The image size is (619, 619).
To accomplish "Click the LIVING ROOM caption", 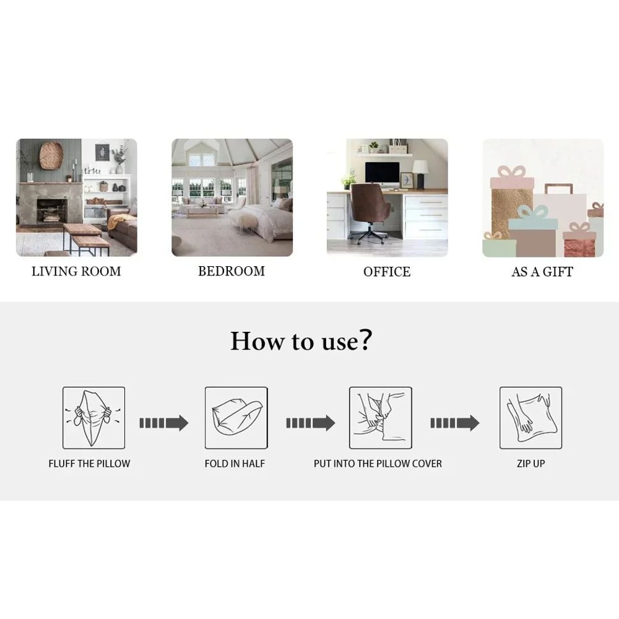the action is tap(76, 271).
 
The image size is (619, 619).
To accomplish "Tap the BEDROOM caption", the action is tap(232, 271).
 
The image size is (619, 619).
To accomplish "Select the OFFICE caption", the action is tap(387, 272).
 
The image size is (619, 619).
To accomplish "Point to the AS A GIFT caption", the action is tap(542, 272).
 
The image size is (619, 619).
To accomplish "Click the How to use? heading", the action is tap(301, 340).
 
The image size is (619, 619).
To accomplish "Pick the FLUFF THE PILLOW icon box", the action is tap(94, 418).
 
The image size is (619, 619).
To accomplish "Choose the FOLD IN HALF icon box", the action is tap(236, 418).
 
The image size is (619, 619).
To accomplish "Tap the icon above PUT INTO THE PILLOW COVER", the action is tap(381, 418).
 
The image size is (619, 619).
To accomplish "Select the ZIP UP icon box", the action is tap(530, 418).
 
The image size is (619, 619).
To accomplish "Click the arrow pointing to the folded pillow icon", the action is tap(164, 423).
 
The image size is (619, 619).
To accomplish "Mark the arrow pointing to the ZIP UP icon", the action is tap(455, 423).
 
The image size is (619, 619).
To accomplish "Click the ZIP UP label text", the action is tap(531, 464).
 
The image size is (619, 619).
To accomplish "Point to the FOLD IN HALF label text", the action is tap(235, 464).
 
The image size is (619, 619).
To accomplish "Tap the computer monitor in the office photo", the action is tap(382, 174).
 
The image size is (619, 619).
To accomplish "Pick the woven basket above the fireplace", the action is tap(51, 155).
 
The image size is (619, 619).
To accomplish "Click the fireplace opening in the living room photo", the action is tap(51, 211).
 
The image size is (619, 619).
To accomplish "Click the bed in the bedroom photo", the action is tap(261, 221).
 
